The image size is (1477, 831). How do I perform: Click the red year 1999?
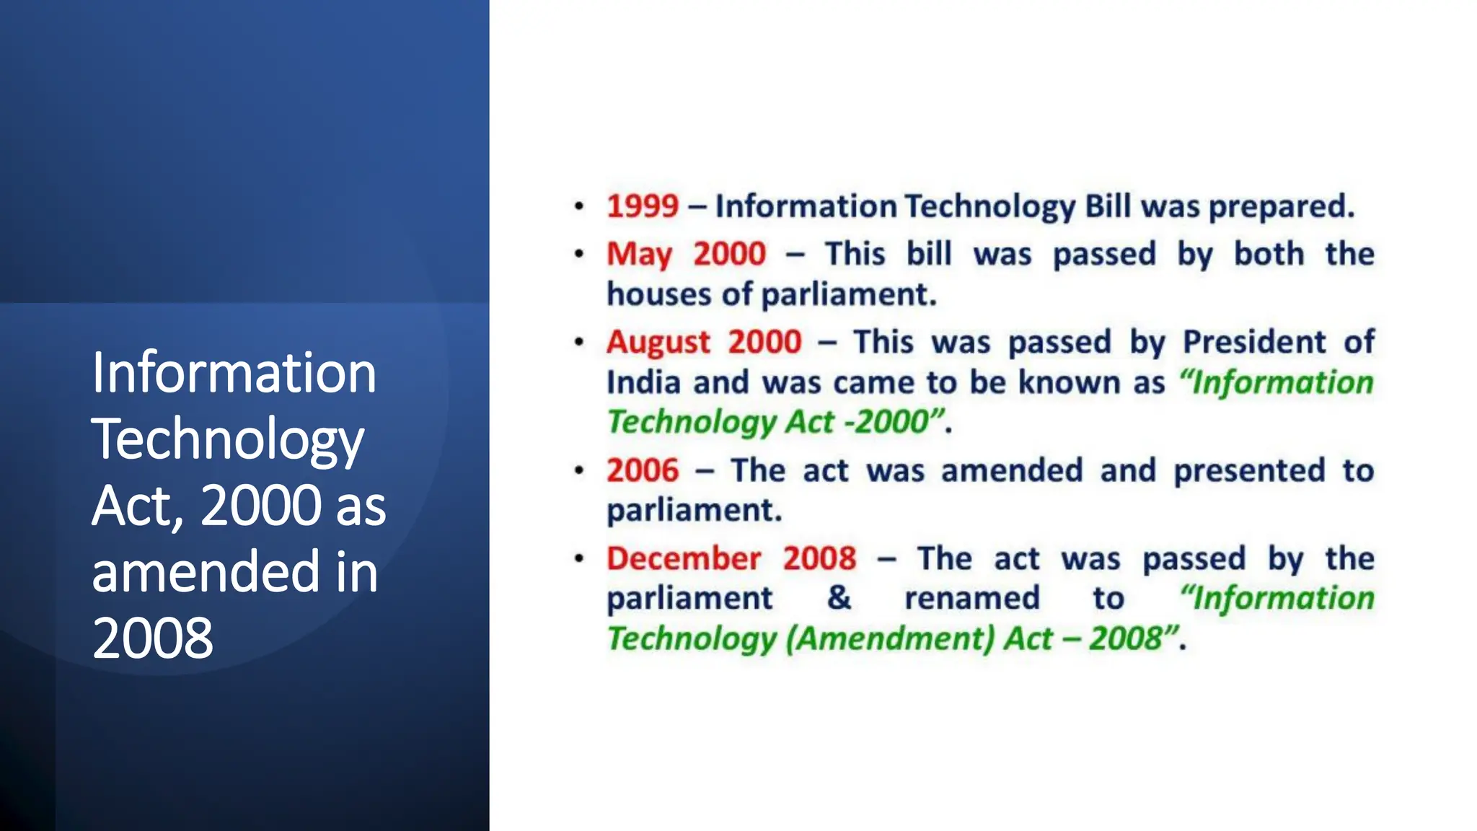(642, 206)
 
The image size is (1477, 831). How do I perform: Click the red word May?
(638, 255)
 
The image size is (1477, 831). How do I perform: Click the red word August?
(658, 343)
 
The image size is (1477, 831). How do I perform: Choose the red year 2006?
(642, 470)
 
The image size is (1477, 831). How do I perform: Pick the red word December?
(683, 558)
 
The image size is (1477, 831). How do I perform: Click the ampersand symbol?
(839, 598)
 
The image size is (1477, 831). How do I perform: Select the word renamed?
(971, 598)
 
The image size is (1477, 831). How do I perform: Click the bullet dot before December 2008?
(578, 558)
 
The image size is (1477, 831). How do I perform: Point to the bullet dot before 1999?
(578, 206)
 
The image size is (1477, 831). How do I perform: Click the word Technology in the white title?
(227, 439)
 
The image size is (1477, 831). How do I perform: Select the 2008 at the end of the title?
(152, 638)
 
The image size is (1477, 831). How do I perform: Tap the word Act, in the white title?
(137, 506)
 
